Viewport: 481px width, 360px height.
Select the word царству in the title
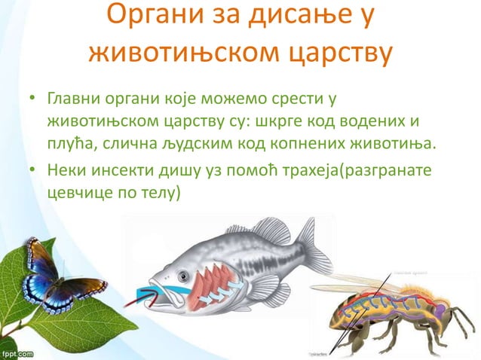pyautogui.click(x=329, y=53)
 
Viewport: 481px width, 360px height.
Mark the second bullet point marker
pyautogui.click(x=32, y=171)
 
